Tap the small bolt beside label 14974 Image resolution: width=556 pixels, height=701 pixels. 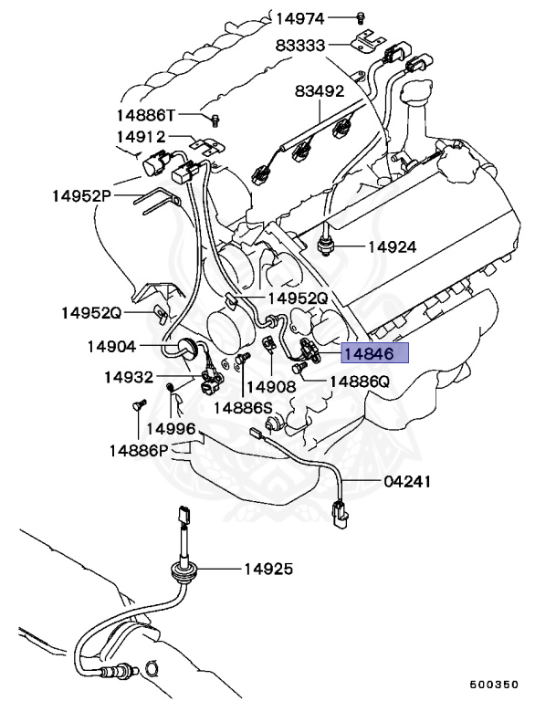(361, 17)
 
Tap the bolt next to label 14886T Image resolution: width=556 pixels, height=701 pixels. (215, 119)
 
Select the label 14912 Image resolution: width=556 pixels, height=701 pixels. (141, 137)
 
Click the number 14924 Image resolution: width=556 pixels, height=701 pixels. (393, 246)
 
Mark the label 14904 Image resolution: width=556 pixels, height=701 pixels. (112, 346)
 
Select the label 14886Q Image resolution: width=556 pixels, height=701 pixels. (359, 382)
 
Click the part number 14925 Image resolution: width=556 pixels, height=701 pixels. (268, 569)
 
